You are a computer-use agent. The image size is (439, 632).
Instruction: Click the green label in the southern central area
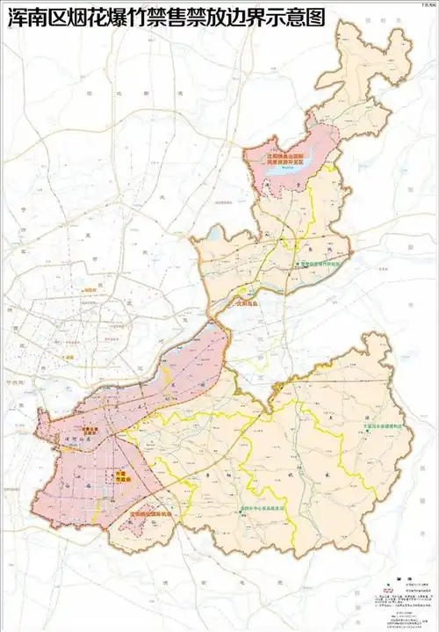coord(265,508)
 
